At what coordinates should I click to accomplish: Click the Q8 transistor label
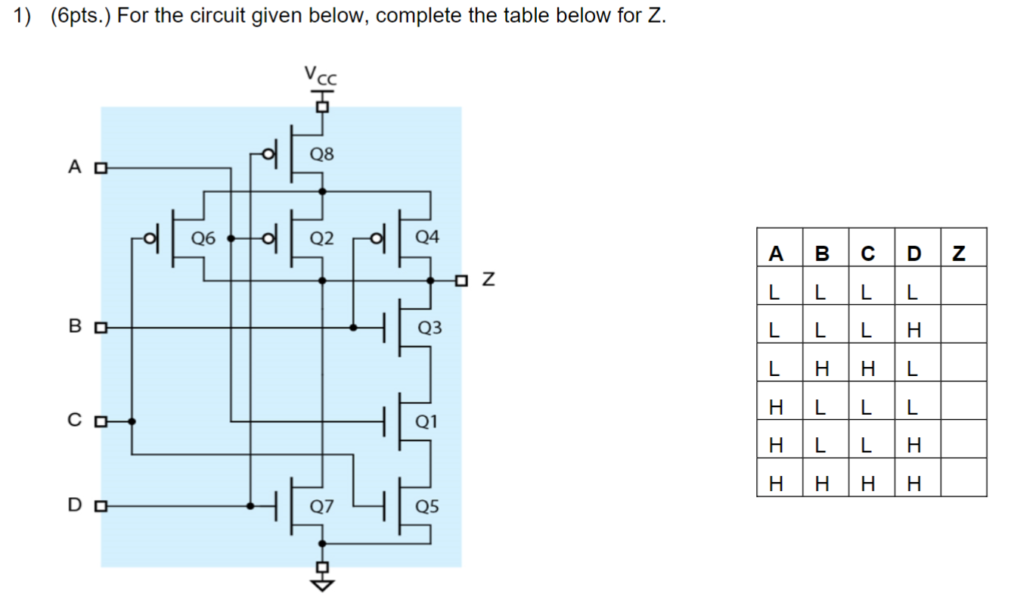322,154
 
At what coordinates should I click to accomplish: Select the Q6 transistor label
203,238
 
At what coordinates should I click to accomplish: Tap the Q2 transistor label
322,238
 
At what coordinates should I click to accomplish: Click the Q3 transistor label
430,328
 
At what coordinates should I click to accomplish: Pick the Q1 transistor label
427,421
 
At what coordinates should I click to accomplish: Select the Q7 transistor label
322,506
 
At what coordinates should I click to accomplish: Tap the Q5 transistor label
427,506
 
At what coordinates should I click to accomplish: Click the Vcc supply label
321,76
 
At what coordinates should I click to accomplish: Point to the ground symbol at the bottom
323,583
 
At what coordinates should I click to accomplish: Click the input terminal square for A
99,168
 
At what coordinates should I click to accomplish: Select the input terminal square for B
99,328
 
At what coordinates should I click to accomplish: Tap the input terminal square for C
99,421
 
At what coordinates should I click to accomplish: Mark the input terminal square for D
99,505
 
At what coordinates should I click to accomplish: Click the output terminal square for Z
461,280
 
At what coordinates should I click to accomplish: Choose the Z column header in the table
960,253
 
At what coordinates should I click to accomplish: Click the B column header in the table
822,253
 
